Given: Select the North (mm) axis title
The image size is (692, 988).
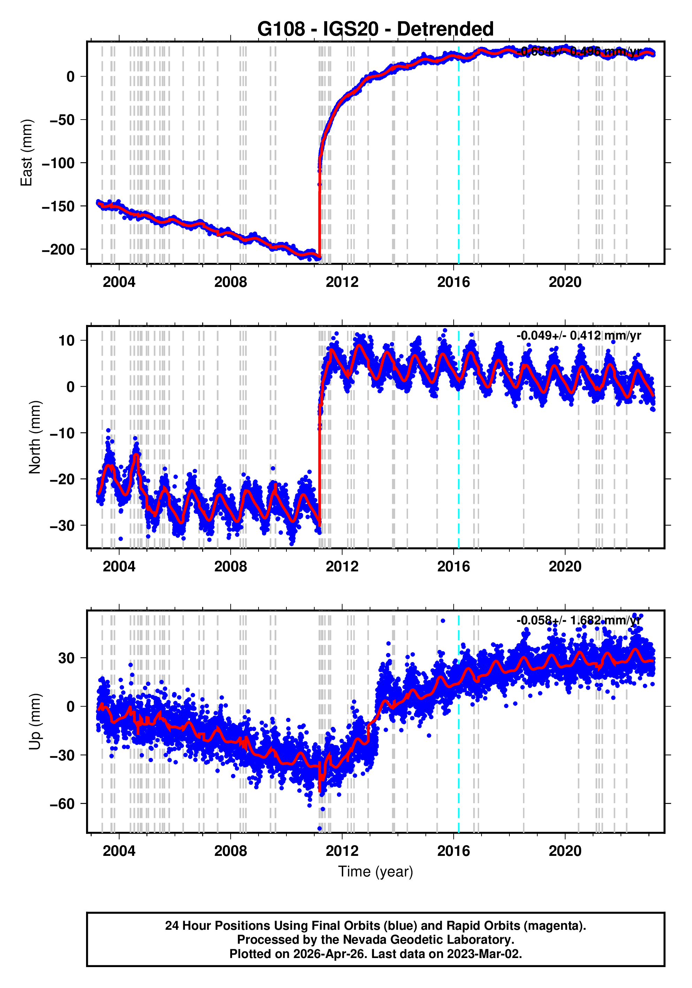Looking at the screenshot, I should pos(35,437).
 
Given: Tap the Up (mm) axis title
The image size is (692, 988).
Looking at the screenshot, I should pos(35,722).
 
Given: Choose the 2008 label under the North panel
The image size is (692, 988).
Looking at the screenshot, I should pos(231,567).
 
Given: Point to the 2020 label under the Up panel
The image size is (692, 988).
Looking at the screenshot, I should pos(565,851).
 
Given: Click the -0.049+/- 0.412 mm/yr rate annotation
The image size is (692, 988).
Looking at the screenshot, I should pos(578,336).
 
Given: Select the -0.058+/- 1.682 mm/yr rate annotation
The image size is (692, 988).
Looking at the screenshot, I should pos(578,620).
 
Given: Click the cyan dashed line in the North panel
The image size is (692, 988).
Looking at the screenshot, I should pos(459,473).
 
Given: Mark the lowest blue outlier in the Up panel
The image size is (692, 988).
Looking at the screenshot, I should pos(320,828).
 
